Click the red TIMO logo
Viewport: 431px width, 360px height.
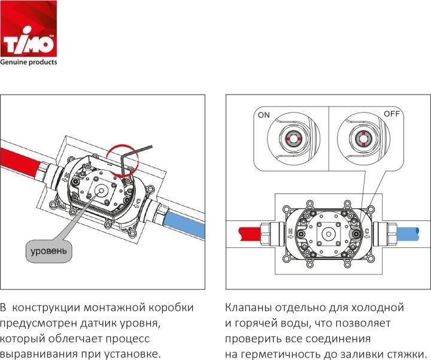point(28,29)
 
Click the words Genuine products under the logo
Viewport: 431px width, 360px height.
point(28,62)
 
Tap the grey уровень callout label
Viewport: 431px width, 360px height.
point(48,251)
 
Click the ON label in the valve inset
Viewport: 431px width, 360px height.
point(264,115)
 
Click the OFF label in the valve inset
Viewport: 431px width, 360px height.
point(391,114)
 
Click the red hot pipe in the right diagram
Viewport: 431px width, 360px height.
point(250,234)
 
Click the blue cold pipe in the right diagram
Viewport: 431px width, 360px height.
point(408,234)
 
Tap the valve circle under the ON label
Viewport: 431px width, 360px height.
point(293,138)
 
